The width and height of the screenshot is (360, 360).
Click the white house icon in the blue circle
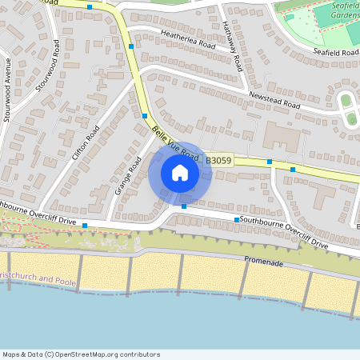tap(180, 173)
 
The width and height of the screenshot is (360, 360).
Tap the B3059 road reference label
tap(218, 161)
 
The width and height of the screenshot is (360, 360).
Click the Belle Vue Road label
tap(175, 142)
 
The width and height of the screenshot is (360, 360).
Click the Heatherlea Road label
tap(189, 40)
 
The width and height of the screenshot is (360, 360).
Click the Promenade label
tap(263, 262)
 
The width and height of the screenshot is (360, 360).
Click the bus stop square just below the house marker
tap(184, 207)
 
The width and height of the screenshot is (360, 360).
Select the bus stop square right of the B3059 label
tap(270, 162)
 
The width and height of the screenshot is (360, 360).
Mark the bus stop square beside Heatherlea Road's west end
tap(131, 47)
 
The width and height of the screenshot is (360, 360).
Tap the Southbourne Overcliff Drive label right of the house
tap(284, 230)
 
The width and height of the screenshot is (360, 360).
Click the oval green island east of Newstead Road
tap(347, 100)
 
